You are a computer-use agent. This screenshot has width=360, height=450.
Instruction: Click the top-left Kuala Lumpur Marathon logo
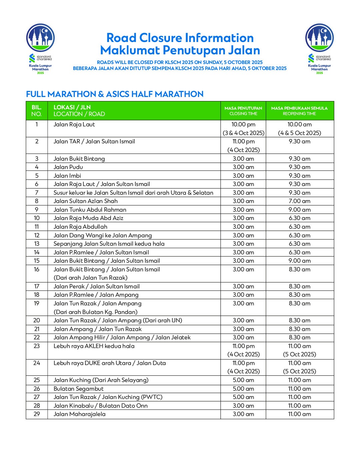(40, 49)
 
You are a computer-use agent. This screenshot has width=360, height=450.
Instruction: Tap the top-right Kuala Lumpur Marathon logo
(319, 49)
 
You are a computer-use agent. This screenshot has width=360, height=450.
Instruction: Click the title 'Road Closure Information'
(180, 38)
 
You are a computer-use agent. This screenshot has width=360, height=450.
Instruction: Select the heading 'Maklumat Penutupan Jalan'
(180, 50)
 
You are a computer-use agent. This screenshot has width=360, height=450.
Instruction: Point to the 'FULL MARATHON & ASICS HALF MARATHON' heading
(115, 94)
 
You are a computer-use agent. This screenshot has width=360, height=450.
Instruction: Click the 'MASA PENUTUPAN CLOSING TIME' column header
(243, 111)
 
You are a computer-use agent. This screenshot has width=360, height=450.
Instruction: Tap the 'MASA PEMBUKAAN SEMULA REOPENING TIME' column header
(299, 111)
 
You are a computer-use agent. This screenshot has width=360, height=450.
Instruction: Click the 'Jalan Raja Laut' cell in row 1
(74, 124)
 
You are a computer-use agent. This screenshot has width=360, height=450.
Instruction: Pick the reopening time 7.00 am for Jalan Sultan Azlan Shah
(299, 201)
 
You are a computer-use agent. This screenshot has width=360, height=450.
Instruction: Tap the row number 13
(37, 244)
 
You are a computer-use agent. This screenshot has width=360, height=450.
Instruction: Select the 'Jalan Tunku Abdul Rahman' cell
(90, 210)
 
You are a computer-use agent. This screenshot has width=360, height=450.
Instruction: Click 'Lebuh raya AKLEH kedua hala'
(94, 346)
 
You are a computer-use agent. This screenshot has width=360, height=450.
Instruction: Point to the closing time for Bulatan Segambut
(243, 389)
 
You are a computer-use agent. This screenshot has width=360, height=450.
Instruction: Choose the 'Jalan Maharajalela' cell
(80, 414)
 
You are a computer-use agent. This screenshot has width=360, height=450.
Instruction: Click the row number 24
(37, 363)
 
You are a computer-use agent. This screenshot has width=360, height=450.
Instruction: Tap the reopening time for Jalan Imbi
(299, 176)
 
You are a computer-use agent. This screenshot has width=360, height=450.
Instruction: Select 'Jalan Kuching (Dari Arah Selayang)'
(101, 380)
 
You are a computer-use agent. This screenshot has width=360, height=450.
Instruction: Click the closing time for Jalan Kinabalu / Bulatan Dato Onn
(243, 406)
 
